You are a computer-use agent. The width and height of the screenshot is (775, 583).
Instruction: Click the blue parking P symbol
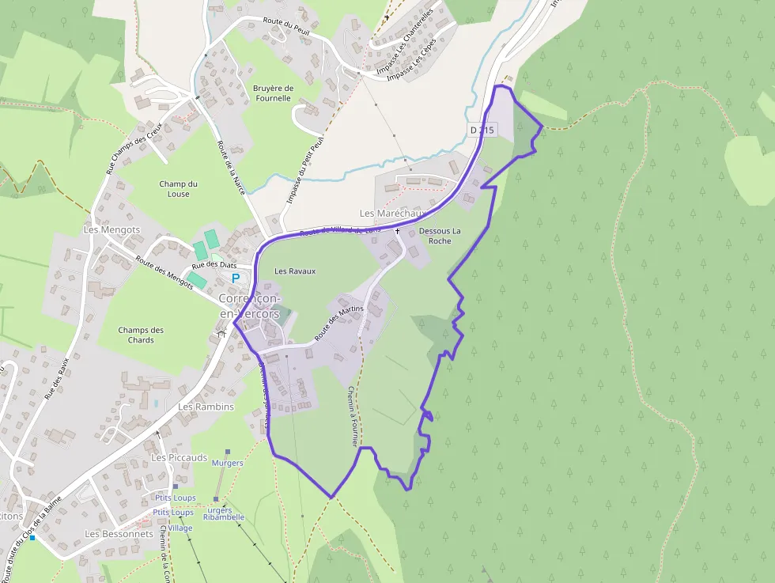(235, 278)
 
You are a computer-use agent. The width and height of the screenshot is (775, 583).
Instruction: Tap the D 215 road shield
(481, 129)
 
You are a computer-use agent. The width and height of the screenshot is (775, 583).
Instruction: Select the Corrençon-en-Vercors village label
(248, 306)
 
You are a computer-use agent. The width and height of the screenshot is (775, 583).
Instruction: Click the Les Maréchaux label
(392, 214)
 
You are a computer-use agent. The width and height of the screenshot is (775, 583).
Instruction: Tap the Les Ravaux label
(295, 271)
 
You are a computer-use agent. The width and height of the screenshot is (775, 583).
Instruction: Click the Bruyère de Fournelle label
(272, 93)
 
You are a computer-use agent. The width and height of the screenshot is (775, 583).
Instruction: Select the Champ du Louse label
(178, 189)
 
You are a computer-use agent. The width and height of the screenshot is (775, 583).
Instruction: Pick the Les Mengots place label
(112, 229)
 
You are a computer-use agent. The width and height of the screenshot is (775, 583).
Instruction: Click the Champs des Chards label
(141, 335)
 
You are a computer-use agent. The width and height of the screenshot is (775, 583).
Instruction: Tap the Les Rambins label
(206, 407)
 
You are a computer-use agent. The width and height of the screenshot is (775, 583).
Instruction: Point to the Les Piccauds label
(180, 458)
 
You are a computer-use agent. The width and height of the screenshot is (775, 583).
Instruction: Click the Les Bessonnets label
(119, 534)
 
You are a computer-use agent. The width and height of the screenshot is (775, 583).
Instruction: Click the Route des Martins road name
(338, 323)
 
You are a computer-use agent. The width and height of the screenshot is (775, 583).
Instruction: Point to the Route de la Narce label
(231, 167)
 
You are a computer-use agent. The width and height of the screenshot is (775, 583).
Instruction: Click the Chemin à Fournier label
(353, 416)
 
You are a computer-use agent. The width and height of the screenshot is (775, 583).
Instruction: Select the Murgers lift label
(228, 463)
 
